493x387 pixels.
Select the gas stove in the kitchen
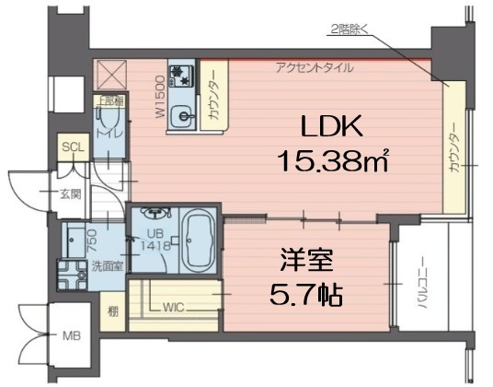(180, 75)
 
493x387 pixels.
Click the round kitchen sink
(184, 116)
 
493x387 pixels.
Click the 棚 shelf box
(112, 311)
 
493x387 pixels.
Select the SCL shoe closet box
(71, 147)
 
